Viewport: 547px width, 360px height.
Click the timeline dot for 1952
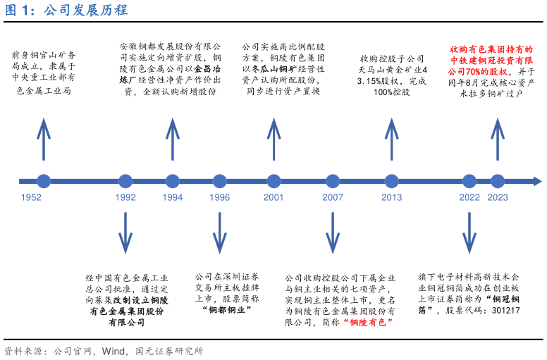(44, 181)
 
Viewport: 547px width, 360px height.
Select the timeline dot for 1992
(125, 181)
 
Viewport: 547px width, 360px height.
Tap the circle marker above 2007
(333, 181)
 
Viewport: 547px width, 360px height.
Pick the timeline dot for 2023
(498, 181)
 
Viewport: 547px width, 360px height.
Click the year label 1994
(173, 198)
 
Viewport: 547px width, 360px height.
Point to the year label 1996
(220, 198)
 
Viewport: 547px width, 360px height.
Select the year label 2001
(273, 198)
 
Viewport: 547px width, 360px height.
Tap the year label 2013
(391, 198)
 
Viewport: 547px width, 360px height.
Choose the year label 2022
(469, 198)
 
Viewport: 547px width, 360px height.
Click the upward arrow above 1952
(44, 139)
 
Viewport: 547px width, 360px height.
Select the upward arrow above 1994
(173, 139)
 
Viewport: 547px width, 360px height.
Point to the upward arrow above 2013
(391, 139)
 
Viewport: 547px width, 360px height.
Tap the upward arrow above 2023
(498, 139)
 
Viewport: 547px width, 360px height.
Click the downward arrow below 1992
(125, 232)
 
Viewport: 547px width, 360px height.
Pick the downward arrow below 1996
(220, 232)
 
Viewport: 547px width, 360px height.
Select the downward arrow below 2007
(333, 232)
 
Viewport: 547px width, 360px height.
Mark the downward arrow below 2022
(469, 232)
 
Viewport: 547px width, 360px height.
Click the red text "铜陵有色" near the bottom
(368, 322)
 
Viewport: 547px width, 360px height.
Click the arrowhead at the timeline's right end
(537, 181)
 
